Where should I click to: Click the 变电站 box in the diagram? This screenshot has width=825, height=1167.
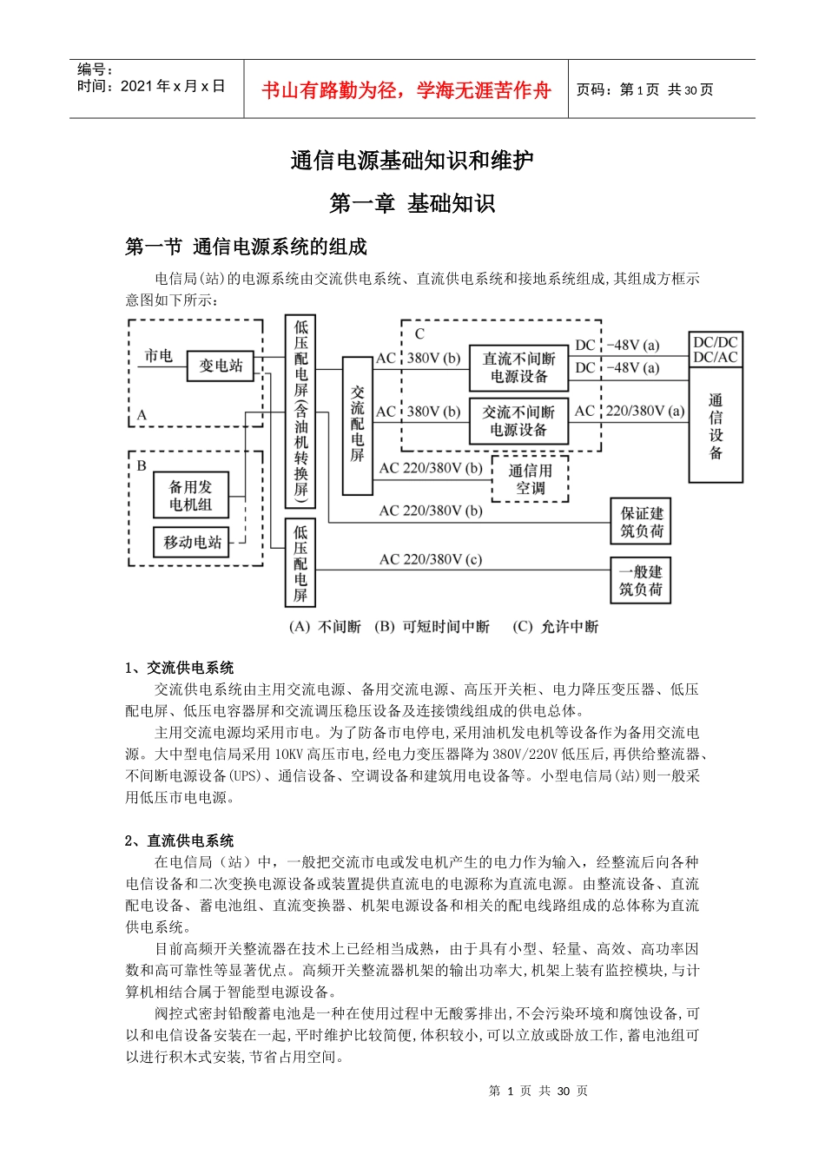pyautogui.click(x=221, y=366)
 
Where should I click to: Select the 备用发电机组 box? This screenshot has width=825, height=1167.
pyautogui.click(x=190, y=496)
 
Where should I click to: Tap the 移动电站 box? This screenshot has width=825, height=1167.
pyautogui.click(x=192, y=543)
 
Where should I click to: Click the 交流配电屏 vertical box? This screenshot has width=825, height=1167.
pyautogui.click(x=357, y=425)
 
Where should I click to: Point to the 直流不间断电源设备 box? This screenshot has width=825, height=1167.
pyautogui.click(x=518, y=367)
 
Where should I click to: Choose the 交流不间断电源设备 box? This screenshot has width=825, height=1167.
pyautogui.click(x=518, y=421)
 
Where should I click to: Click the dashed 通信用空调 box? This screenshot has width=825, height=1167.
pyautogui.click(x=530, y=479)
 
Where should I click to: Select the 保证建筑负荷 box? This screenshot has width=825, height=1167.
pyautogui.click(x=641, y=522)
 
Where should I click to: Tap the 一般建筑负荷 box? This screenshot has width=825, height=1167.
pyautogui.click(x=641, y=581)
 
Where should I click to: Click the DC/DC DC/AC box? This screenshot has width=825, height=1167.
pyautogui.click(x=716, y=350)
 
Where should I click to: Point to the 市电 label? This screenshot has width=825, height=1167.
pyautogui.click(x=159, y=356)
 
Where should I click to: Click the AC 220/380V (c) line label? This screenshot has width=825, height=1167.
pyautogui.click(x=431, y=560)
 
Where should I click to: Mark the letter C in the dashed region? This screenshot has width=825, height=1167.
pyautogui.click(x=419, y=334)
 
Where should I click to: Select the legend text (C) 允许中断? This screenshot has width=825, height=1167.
pyautogui.click(x=556, y=627)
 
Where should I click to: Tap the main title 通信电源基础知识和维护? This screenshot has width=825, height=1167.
pyautogui.click(x=412, y=161)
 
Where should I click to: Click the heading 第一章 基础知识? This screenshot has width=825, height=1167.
pyautogui.click(x=412, y=204)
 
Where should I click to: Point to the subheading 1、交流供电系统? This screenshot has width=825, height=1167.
pyautogui.click(x=180, y=668)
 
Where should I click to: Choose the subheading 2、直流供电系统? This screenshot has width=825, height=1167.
pyautogui.click(x=180, y=841)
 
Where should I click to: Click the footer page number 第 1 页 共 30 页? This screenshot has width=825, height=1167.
pyautogui.click(x=538, y=1091)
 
